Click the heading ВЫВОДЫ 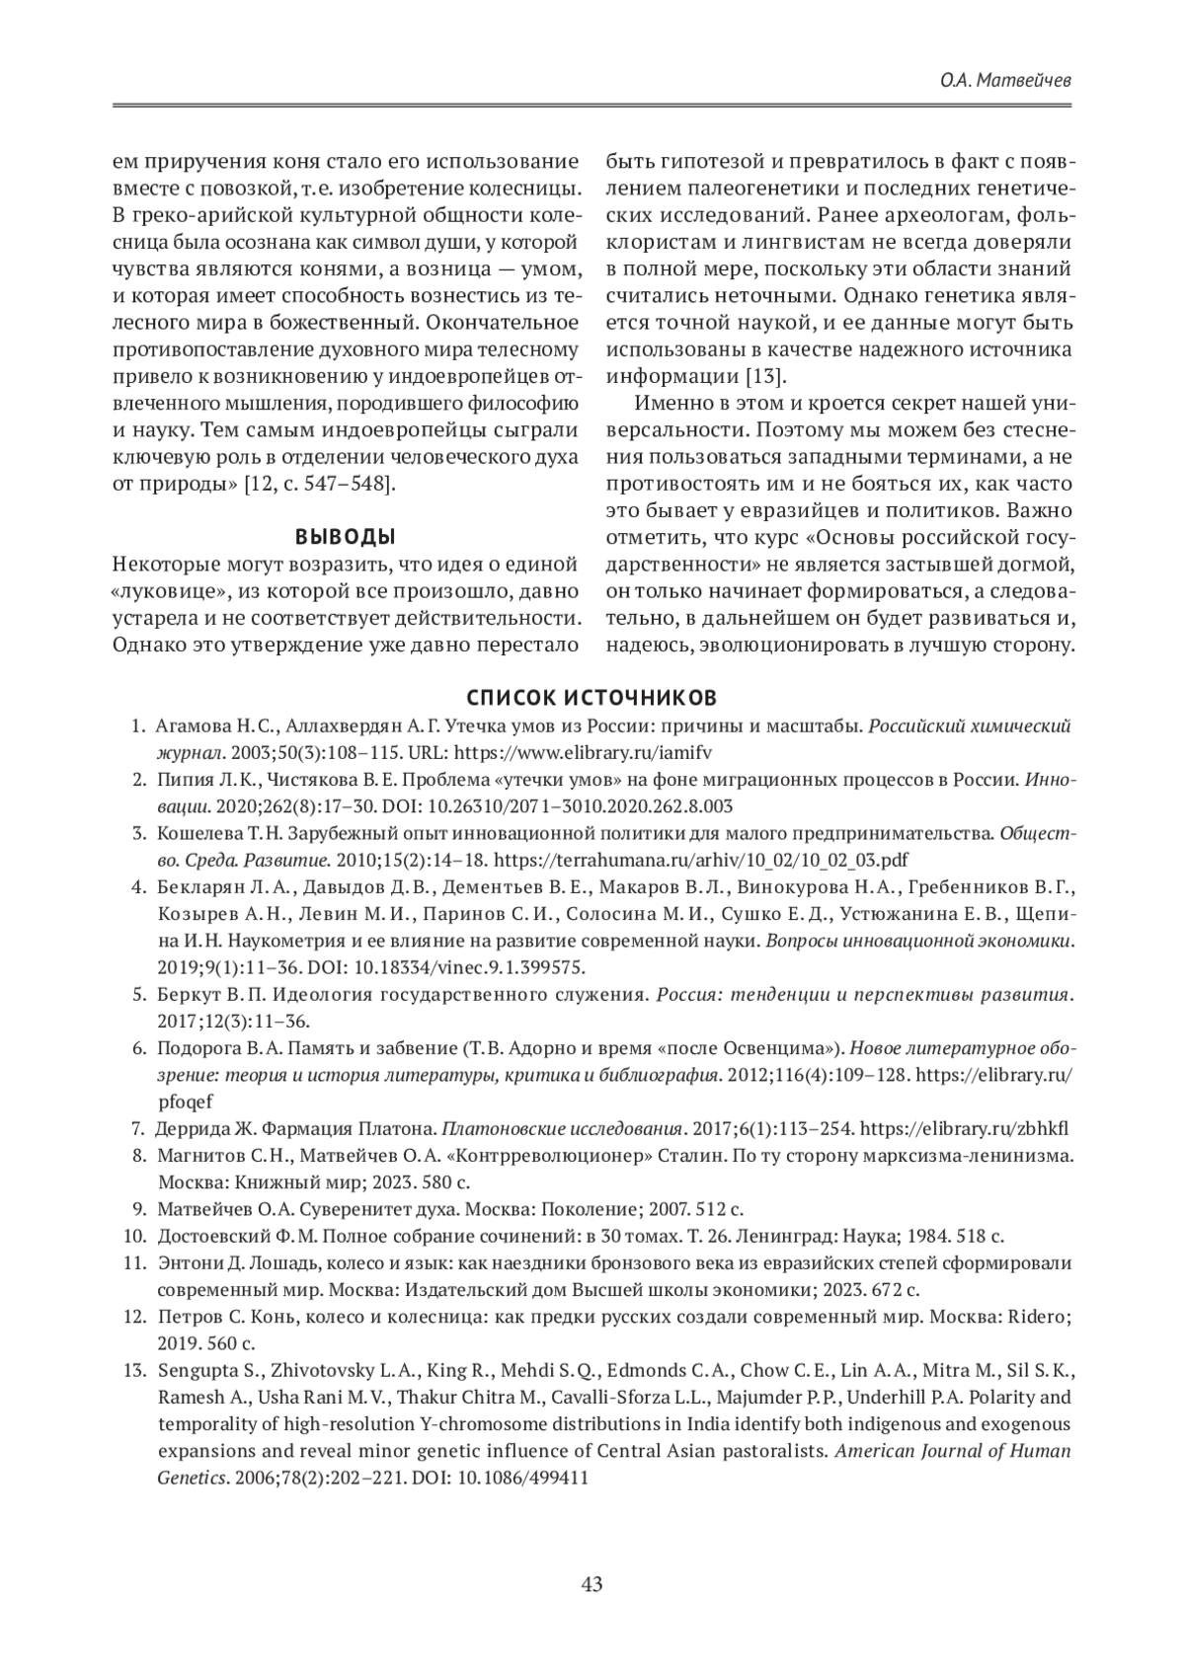click(346, 537)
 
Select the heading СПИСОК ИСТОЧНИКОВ click(592, 698)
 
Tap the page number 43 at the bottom click(592, 1585)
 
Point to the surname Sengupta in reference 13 click(197, 1371)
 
